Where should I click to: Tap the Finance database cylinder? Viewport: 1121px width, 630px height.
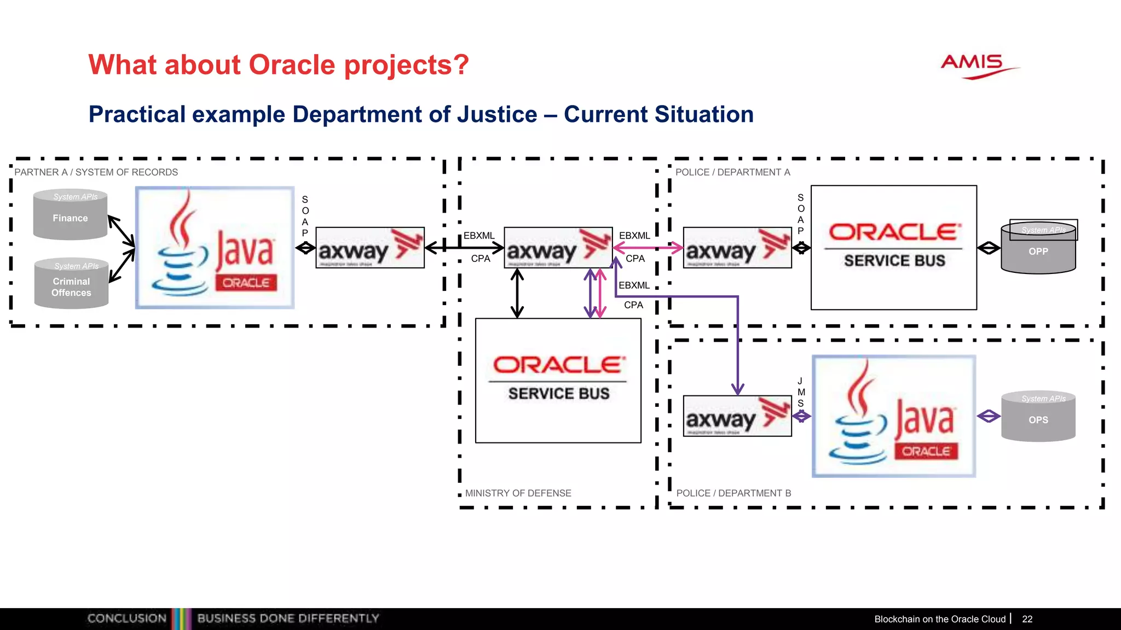tap(70, 216)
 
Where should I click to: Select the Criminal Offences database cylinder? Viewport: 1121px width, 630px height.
tap(71, 284)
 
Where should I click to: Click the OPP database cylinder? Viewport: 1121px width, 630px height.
tap(1038, 249)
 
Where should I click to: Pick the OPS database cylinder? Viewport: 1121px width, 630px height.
tap(1038, 417)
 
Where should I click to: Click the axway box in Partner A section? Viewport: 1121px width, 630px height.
tap(370, 248)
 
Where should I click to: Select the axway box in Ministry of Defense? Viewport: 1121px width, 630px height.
tap(558, 248)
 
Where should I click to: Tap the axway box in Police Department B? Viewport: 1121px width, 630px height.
tap(737, 416)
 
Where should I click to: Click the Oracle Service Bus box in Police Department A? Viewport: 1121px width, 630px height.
tap(894, 248)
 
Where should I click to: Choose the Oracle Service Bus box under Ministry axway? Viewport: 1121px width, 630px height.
tap(558, 381)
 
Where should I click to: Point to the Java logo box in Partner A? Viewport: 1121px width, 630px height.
tap(215, 248)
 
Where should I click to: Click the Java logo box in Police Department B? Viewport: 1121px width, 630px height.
tap(894, 416)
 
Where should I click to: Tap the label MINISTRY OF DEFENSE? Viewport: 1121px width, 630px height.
tap(518, 493)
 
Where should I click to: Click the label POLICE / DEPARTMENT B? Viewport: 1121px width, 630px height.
tap(733, 493)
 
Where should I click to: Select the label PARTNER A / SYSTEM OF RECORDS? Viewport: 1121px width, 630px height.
tap(96, 172)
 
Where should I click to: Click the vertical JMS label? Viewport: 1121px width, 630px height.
tap(801, 392)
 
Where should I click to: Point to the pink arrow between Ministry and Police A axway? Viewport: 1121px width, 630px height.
tap(648, 248)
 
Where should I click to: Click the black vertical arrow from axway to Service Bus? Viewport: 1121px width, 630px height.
tap(517, 294)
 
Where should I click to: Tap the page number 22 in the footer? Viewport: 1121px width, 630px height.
tap(1027, 619)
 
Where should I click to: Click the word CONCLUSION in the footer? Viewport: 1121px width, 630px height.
tap(126, 619)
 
